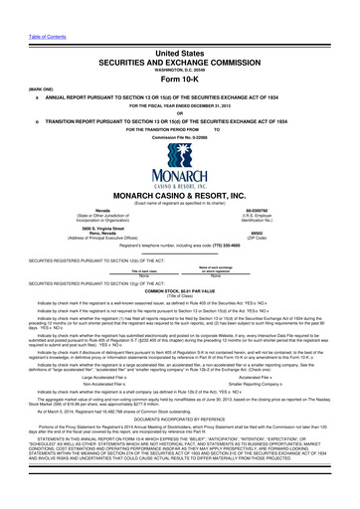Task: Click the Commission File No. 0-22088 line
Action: pyautogui.click(x=179, y=135)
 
